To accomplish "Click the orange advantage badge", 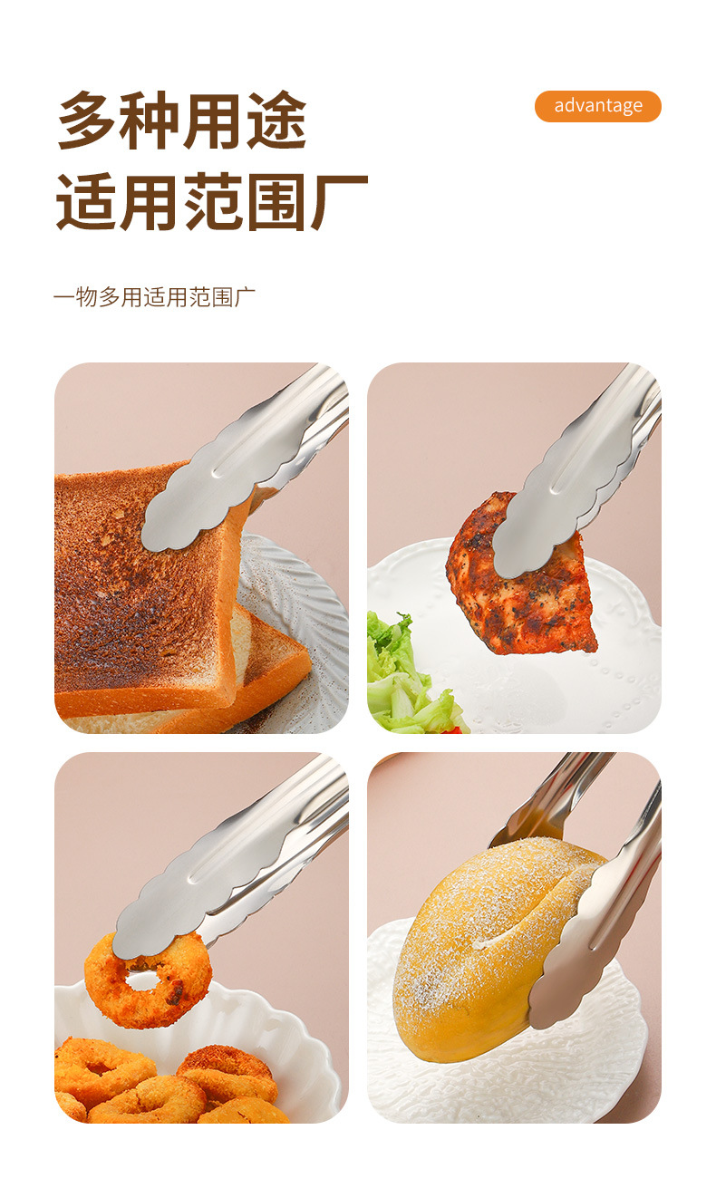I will [597, 106].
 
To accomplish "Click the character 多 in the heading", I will [88, 121].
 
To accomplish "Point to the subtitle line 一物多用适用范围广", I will [154, 297].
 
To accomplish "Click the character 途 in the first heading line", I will [276, 121].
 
